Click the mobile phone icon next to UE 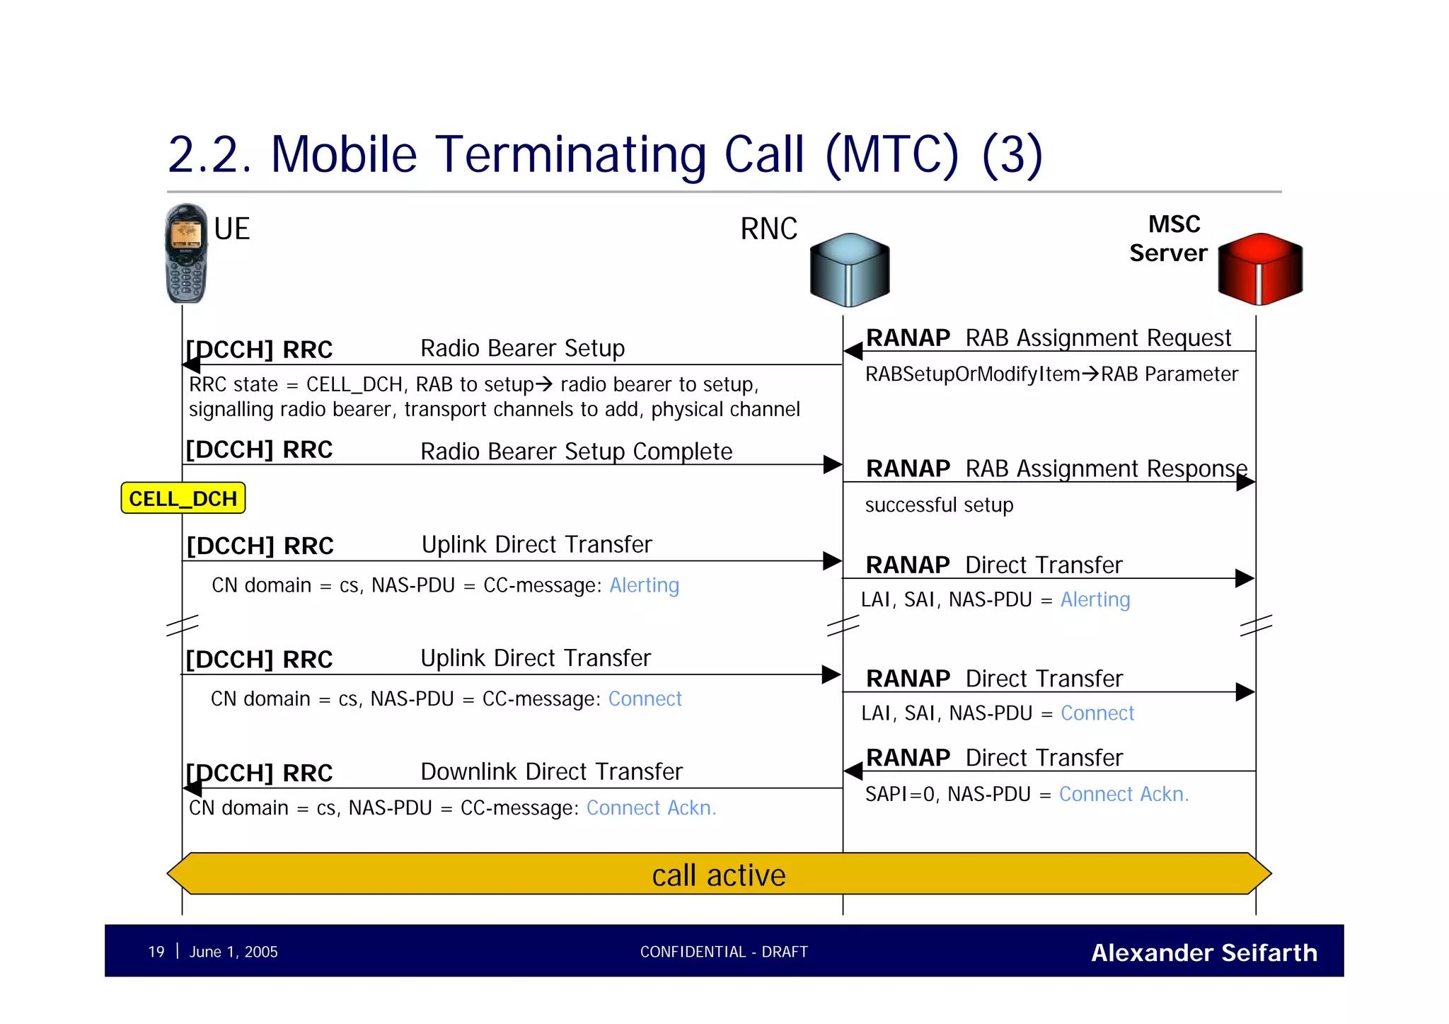tap(185, 253)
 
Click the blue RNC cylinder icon tap(850, 270)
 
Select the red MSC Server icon tap(1260, 269)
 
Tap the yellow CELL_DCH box tap(183, 498)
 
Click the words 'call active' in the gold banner tap(718, 875)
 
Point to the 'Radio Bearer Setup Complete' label tap(576, 451)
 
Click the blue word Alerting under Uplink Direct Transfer tap(644, 585)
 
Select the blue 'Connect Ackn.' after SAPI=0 tap(1124, 794)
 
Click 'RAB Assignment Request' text tap(1098, 338)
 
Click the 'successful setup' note tap(939, 505)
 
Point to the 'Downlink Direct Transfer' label tap(551, 771)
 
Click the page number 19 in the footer tap(156, 952)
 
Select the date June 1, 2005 tap(233, 952)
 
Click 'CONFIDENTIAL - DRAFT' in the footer tap(724, 952)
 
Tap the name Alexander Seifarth tap(1203, 953)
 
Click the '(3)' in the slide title tap(1012, 154)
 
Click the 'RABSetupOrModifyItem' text tap(972, 374)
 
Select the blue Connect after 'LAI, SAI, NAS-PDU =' tap(1097, 713)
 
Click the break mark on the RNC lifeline tap(843, 626)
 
